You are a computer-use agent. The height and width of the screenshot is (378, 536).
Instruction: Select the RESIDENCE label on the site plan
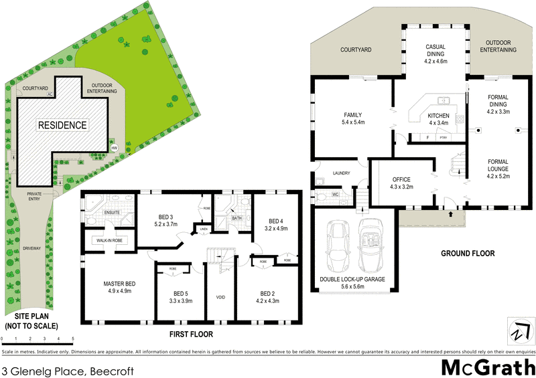pos(62,125)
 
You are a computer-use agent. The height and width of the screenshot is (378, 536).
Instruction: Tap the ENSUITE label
pos(111,212)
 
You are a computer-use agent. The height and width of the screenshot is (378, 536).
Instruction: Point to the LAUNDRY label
pos(342,173)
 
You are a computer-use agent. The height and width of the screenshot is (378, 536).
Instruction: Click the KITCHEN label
pos(438,116)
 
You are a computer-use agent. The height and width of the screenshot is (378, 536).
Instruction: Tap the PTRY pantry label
pos(442,138)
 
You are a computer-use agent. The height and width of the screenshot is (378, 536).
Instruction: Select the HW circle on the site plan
pos(114,148)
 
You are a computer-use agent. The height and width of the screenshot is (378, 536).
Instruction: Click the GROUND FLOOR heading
pos(467,254)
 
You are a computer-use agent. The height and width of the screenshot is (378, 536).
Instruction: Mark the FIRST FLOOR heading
pos(191,333)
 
